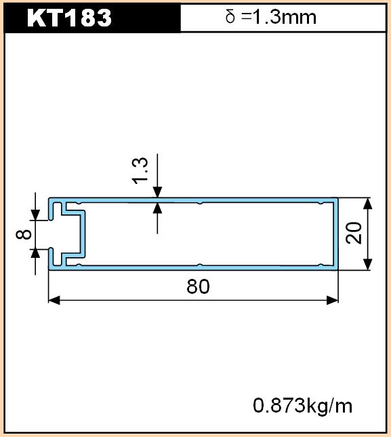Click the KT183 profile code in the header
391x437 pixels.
pos(69,18)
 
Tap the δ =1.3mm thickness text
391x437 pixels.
pos(271,17)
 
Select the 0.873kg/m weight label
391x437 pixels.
pos(302,406)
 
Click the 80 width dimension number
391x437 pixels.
pos(198,286)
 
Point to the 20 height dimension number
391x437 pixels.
pos(354,233)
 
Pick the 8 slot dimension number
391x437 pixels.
pos(23,234)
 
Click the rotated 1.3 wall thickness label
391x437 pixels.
pos(140,171)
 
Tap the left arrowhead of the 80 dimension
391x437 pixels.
pos(54,301)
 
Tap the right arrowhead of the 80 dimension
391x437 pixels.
pos(332,301)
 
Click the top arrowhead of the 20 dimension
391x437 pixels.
pos(368,204)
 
